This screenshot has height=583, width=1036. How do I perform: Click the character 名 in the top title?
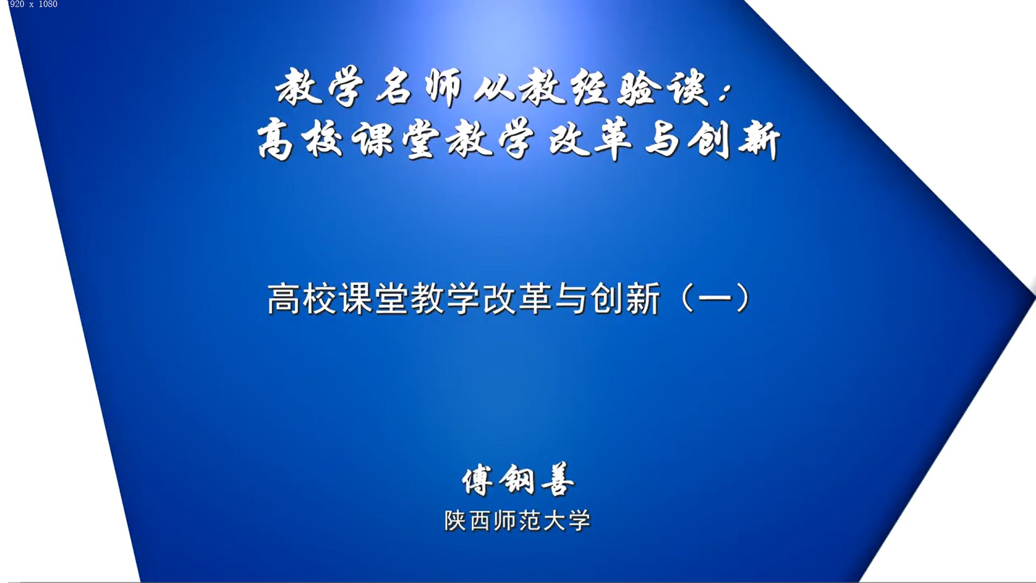point(394,87)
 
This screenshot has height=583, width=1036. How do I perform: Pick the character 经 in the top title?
point(592,87)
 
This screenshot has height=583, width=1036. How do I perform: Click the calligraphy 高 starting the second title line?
point(275,140)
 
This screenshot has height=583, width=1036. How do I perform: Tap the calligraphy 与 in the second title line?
point(663,140)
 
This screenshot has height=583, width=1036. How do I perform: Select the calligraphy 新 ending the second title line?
point(759,140)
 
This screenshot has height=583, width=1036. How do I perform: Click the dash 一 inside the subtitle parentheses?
point(715,299)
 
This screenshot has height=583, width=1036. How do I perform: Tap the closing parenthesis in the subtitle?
point(744,298)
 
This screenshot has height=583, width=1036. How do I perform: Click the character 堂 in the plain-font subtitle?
point(392,298)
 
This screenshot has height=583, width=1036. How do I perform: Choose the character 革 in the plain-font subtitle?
point(536,298)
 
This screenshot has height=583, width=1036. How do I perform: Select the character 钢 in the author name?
point(517,479)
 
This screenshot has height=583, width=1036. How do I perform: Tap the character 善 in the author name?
point(558,479)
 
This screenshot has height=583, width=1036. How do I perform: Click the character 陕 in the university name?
point(455,521)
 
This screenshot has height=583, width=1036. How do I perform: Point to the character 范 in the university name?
point(529,521)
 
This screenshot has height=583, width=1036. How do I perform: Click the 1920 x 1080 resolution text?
point(32,4)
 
